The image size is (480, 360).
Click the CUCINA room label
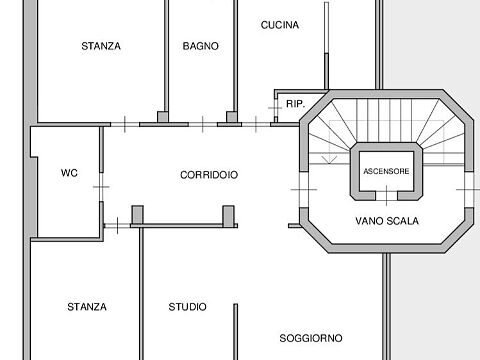coord(280,25)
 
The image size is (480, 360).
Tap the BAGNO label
coord(201,46)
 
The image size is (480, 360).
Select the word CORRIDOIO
coord(209,175)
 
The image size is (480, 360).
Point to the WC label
coord(69,173)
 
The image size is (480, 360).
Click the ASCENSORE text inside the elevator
coord(386,171)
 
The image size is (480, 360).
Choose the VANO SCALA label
coord(387,221)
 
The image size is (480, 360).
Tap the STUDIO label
coord(187,307)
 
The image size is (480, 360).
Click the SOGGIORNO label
coord(311,338)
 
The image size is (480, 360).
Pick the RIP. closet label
coord(296,104)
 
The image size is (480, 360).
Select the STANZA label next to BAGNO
coord(101,46)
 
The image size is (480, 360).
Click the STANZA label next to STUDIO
coord(87,307)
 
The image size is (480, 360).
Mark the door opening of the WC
coord(101,187)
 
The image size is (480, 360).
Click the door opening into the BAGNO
coord(203,124)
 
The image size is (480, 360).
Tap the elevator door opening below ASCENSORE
coord(386,195)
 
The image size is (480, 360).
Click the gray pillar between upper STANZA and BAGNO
coord(163,117)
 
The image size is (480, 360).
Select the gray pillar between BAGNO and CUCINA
coord(232,117)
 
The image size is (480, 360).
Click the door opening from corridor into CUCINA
coord(256,124)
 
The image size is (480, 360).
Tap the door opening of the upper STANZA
coord(125,124)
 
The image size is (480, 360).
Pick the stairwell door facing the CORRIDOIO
coord(304,190)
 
